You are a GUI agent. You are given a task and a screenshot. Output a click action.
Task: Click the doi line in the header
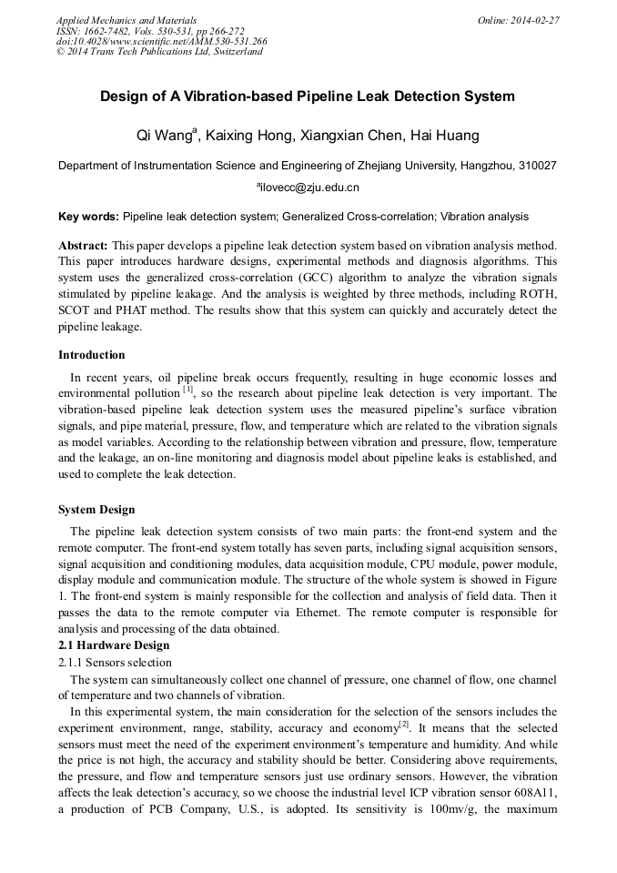click(x=162, y=41)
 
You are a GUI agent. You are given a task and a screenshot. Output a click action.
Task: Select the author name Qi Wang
click(x=164, y=137)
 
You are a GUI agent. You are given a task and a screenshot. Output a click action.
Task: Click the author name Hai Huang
click(x=443, y=137)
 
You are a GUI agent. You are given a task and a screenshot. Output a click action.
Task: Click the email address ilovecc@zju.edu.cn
click(x=309, y=188)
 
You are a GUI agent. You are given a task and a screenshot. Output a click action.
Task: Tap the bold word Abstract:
click(x=84, y=246)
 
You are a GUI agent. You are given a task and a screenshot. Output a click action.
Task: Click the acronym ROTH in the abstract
click(x=536, y=294)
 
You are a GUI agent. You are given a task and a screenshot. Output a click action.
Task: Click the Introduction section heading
click(x=92, y=355)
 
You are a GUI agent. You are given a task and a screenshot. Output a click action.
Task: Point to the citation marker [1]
click(x=187, y=391)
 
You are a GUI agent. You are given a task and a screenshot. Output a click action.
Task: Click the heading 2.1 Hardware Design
click(x=114, y=645)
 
